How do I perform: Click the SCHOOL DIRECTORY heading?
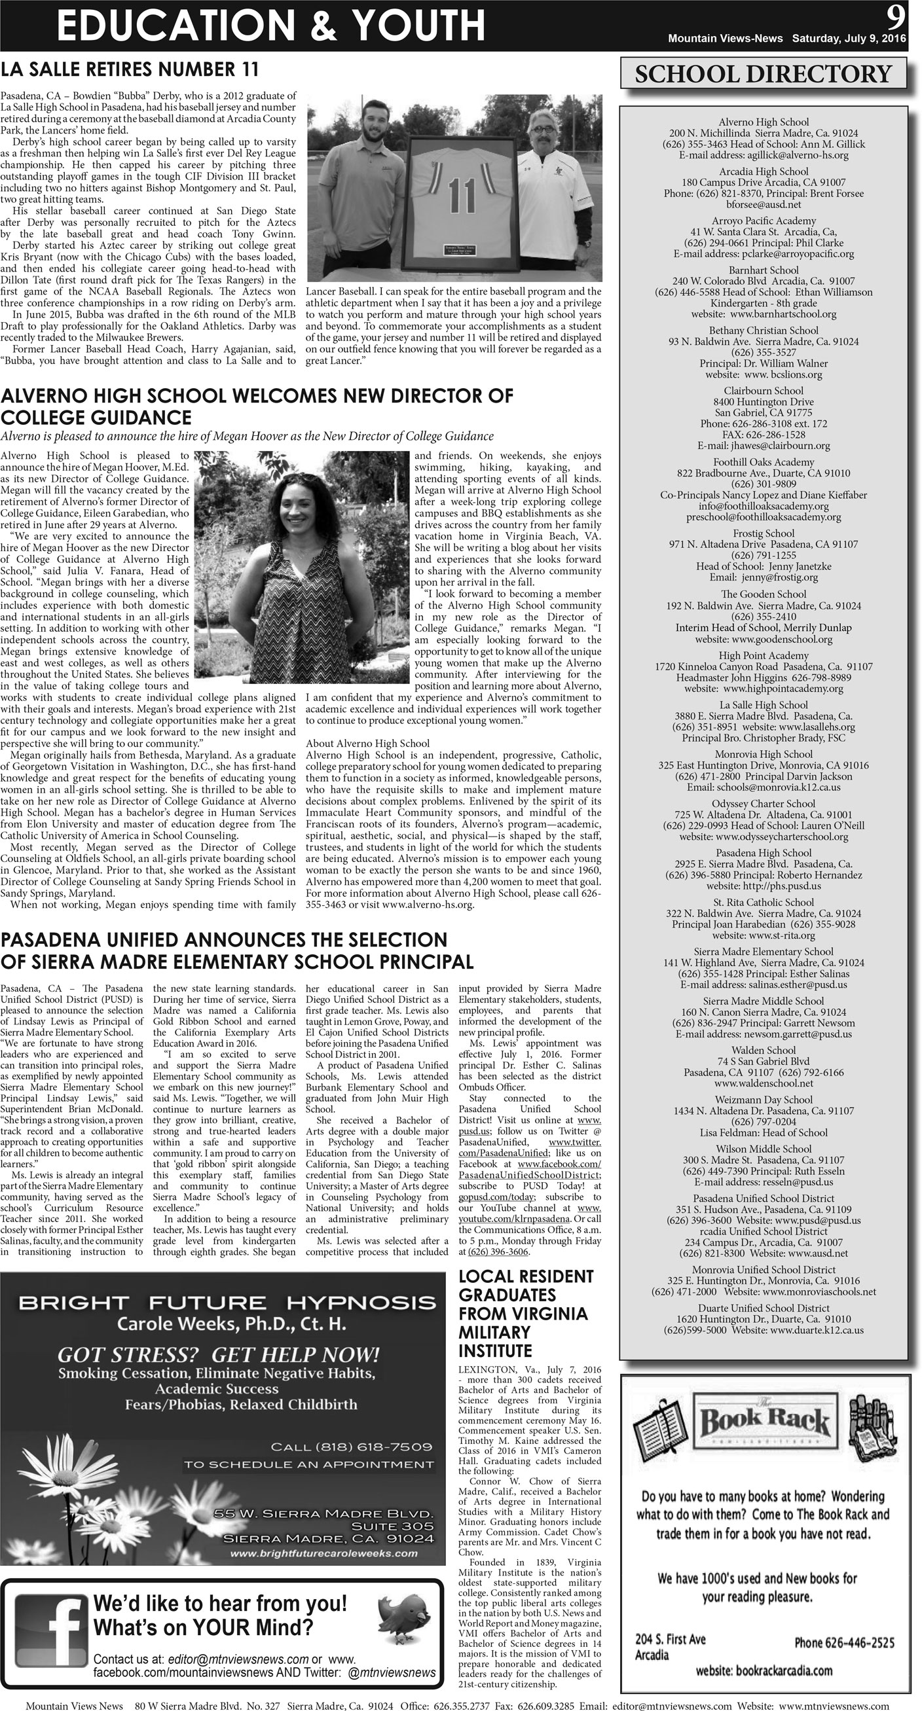[x=764, y=74]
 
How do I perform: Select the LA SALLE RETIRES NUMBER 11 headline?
[x=130, y=70]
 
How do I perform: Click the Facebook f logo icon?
[x=51, y=1630]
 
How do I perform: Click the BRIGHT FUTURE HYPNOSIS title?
[x=227, y=1302]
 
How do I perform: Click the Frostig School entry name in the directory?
[x=764, y=533]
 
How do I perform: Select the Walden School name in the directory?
[x=764, y=1050]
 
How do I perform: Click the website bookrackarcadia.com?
[x=764, y=1670]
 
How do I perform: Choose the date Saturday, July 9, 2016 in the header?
[x=849, y=39]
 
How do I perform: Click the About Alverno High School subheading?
[x=367, y=744]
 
